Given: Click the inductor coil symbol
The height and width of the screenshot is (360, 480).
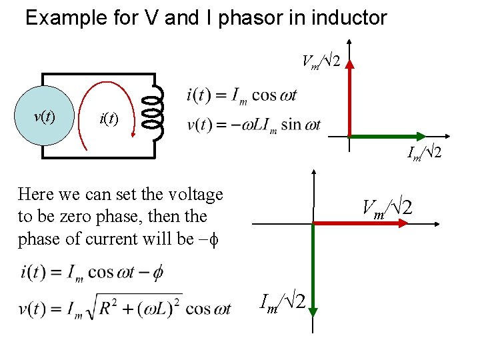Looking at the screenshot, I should [154, 112].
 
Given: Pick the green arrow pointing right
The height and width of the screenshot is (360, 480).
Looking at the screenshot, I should [393, 137].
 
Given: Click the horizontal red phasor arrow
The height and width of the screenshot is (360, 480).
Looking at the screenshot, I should [360, 225].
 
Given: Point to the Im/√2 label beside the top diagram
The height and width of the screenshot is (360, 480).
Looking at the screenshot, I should [425, 153].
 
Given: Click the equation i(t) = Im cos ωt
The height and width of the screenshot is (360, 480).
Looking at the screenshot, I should [241, 96].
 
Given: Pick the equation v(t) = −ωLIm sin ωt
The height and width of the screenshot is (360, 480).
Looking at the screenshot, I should [254, 125].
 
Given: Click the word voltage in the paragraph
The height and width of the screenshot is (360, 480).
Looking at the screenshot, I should [189, 195].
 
